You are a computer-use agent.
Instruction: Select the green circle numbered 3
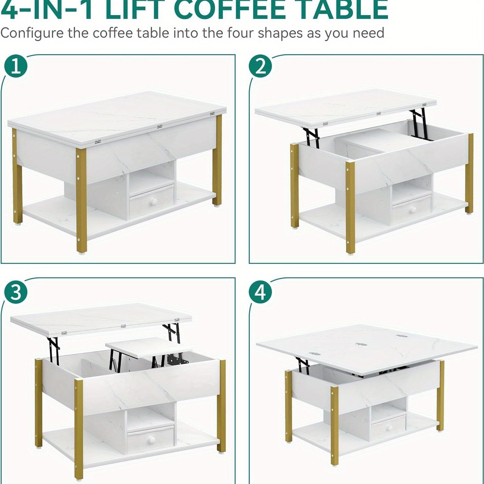(16, 292)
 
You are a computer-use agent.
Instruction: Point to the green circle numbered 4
(261, 292)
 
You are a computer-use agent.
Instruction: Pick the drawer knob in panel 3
(151, 439)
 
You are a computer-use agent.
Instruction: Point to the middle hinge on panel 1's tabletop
(160, 126)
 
